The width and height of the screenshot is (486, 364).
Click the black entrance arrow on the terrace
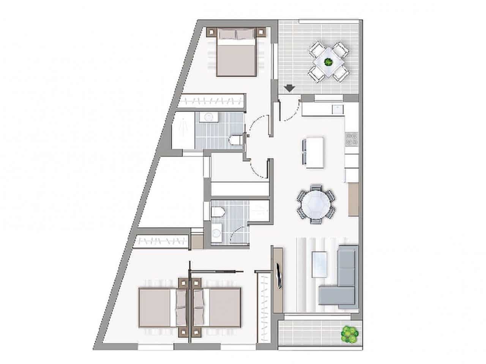tap(290, 88)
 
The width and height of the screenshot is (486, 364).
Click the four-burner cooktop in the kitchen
tap(351, 140)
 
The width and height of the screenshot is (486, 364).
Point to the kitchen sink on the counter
tap(337, 109)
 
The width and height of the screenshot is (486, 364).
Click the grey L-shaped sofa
tap(343, 279)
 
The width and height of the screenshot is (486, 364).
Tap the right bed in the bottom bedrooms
tap(219, 307)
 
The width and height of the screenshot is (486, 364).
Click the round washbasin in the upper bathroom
tap(208, 117)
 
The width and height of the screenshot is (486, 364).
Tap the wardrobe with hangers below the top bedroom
tap(211, 101)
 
